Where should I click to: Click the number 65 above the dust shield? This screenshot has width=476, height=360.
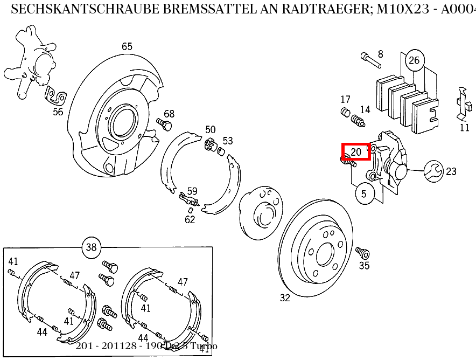[x=127, y=47]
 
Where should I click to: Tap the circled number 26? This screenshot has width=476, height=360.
[x=414, y=60]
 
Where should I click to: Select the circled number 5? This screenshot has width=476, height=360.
[x=364, y=193]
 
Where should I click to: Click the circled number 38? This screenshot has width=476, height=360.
[x=91, y=247]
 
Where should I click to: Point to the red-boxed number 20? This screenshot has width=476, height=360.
[x=356, y=152]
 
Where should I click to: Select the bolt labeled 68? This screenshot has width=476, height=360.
[x=164, y=124]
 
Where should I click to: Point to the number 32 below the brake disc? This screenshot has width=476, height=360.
[x=285, y=297]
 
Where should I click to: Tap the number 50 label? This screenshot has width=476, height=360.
[x=210, y=129]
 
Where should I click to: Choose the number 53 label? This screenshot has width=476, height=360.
[x=228, y=141]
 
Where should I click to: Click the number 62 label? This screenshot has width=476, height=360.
[x=190, y=219]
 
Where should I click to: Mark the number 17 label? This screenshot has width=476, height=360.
[x=345, y=99]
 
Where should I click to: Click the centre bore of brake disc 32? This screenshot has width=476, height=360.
[x=325, y=252]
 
